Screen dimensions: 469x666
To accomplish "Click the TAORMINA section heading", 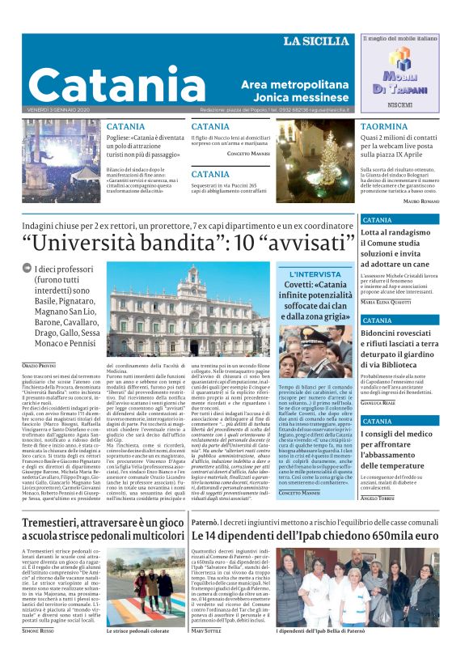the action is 384,127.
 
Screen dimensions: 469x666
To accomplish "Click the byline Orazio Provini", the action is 40,367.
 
